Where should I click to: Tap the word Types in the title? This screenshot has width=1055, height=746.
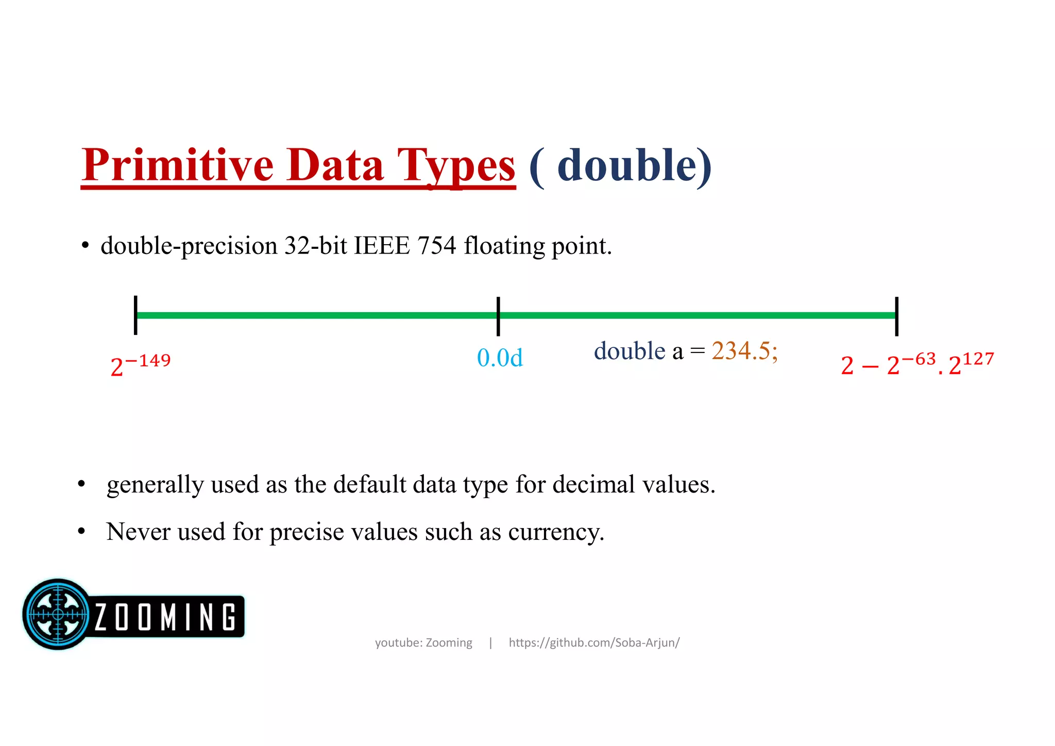455,166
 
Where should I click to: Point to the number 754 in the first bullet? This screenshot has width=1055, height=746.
437,245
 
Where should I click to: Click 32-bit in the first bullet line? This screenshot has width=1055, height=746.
315,245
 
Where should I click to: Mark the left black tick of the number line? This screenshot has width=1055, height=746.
135,315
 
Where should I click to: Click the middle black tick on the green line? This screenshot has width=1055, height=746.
498,316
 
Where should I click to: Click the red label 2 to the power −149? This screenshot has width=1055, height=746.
140,365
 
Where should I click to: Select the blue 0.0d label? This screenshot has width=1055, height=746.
500,358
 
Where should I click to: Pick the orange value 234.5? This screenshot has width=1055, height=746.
744,351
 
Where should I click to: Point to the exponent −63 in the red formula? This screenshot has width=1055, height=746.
918,359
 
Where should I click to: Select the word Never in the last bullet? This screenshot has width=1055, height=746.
138,532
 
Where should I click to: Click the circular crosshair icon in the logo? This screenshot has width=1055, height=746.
58,614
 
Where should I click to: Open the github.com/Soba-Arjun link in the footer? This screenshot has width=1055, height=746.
594,642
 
